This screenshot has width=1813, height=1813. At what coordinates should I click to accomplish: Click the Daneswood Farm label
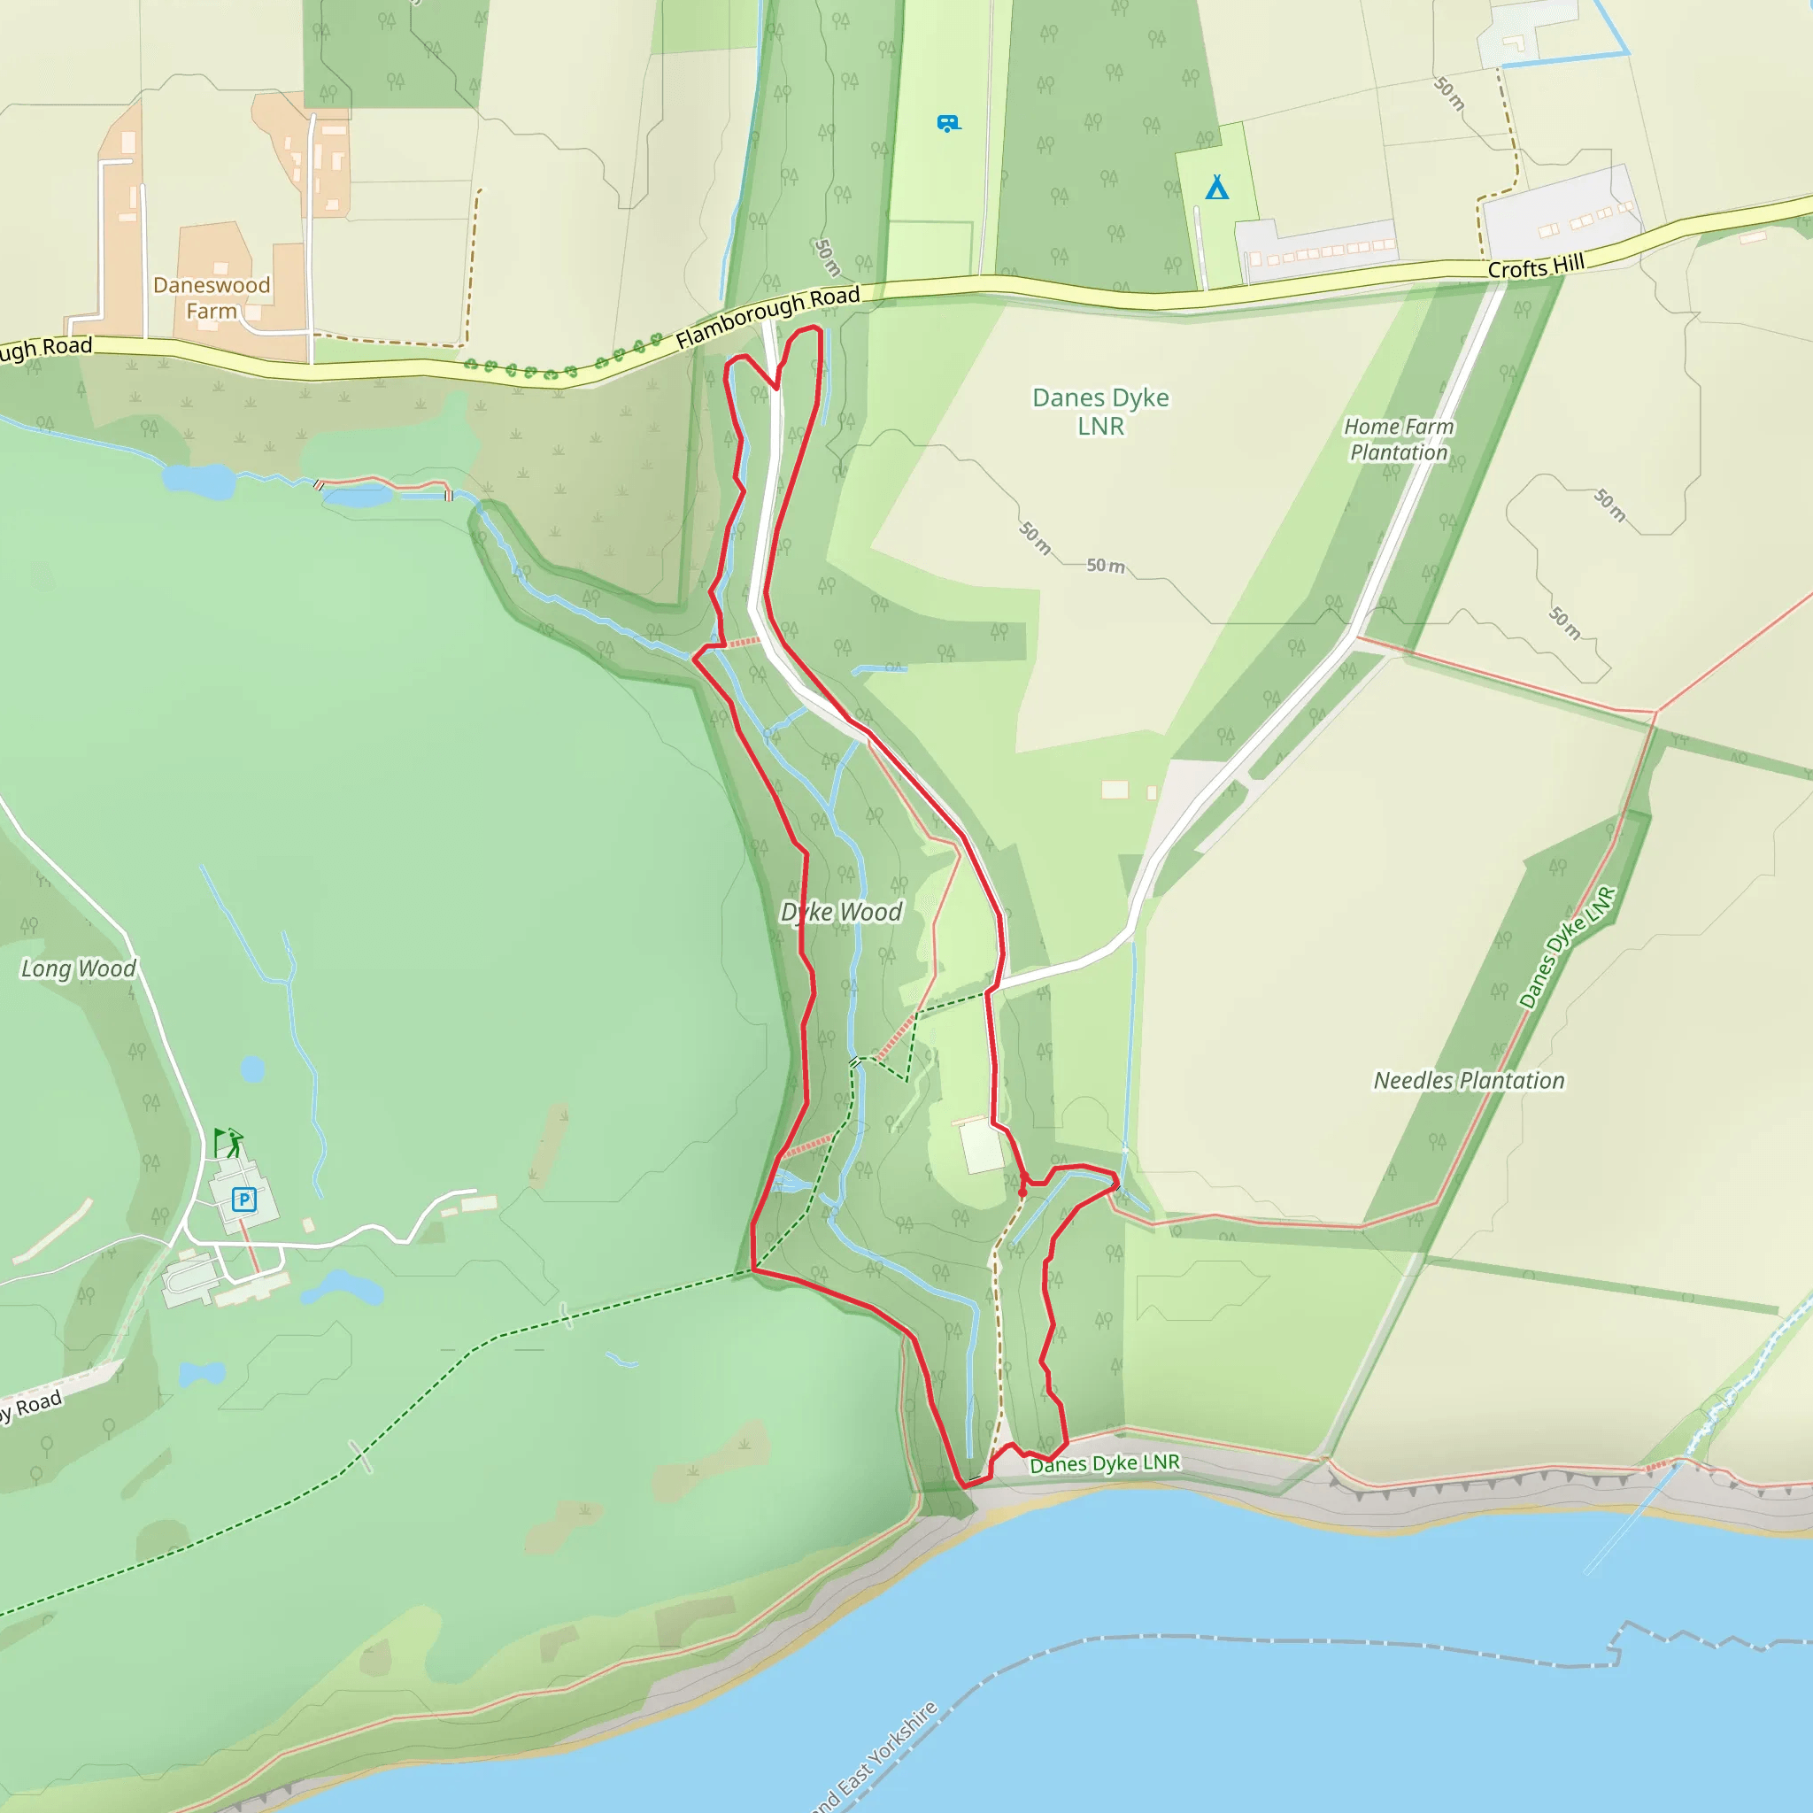point(212,297)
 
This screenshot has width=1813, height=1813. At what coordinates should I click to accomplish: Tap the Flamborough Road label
point(767,318)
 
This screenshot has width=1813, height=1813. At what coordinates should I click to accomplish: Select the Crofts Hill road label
point(1535,266)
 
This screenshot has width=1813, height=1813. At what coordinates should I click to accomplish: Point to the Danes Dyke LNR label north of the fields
point(1099,411)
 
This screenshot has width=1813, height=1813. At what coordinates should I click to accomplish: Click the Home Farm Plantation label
point(1398,439)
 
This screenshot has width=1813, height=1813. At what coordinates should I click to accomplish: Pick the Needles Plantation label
point(1469,1080)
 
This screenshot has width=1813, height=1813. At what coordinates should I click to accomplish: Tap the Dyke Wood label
point(842,912)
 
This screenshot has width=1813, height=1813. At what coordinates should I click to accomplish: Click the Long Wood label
point(79,968)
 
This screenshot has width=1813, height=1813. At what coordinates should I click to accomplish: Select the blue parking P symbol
point(244,1199)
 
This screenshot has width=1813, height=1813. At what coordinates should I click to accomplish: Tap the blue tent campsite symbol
point(1217,188)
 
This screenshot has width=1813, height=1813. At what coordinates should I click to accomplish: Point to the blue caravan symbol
point(948,123)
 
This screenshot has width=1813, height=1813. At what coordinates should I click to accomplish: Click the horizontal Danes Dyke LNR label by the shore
point(1105,1464)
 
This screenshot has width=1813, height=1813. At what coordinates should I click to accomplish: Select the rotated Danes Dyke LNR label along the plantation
point(1568,948)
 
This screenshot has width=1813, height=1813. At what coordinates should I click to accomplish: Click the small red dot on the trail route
point(1022,1192)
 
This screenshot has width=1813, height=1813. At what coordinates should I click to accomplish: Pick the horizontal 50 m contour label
point(1106,566)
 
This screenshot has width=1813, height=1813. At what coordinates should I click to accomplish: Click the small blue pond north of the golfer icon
point(252,1069)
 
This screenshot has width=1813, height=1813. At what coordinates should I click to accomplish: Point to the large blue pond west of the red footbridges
point(198,481)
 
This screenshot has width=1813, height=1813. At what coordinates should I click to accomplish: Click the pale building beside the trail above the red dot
point(982,1146)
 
